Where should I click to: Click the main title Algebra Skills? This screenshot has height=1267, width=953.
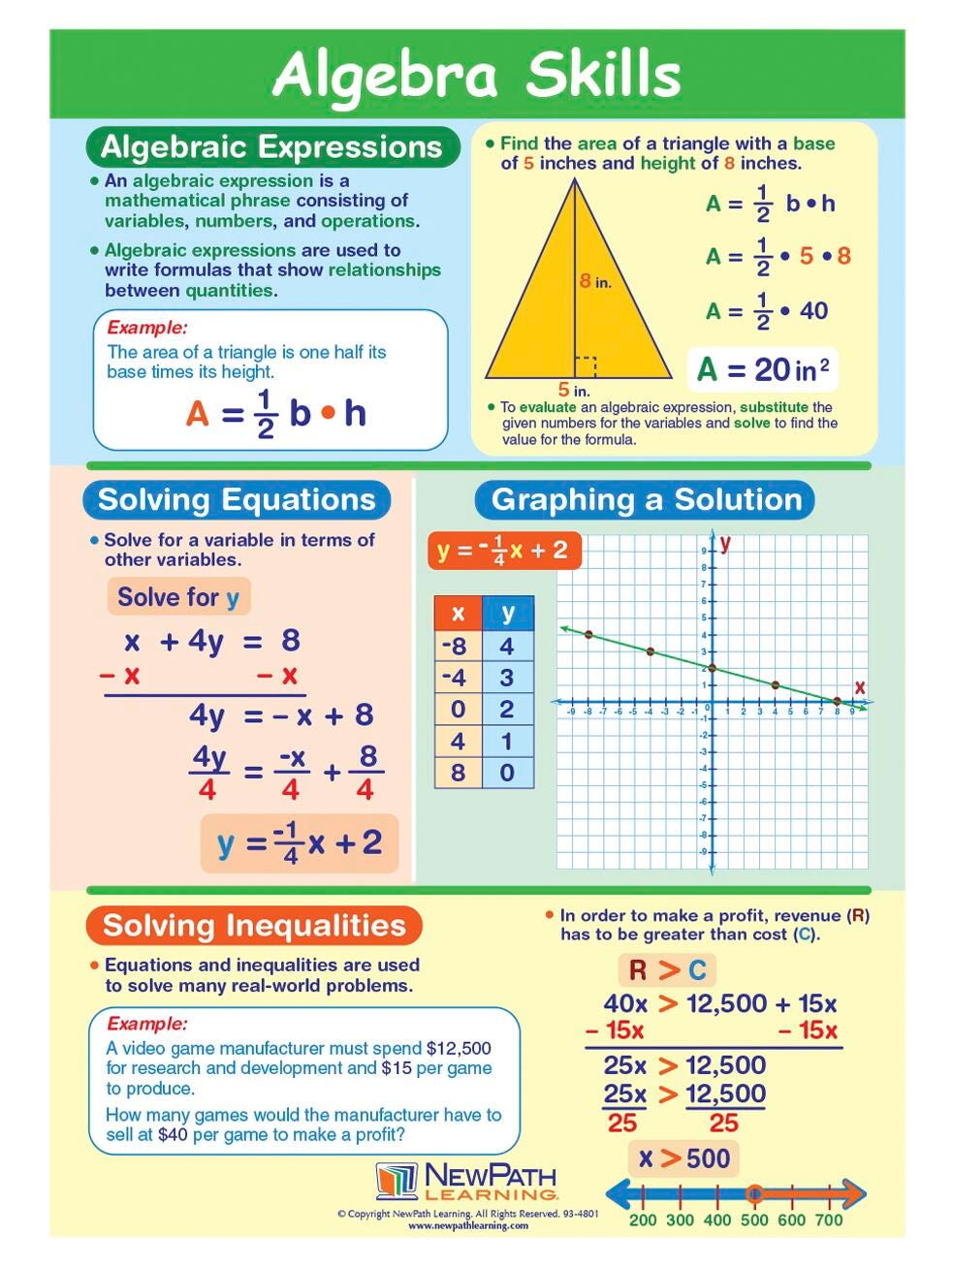pyautogui.click(x=476, y=74)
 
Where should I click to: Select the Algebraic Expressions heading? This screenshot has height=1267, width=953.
pyautogui.click(x=271, y=147)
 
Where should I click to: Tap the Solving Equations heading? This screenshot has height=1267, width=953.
pyautogui.click(x=237, y=500)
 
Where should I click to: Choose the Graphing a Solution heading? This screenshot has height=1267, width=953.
pyautogui.click(x=646, y=500)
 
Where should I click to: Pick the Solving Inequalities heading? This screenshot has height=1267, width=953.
pyautogui.click(x=254, y=926)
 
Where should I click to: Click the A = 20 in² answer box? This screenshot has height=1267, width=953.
pyautogui.click(x=763, y=369)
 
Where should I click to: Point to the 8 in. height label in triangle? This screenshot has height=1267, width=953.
pyautogui.click(x=594, y=281)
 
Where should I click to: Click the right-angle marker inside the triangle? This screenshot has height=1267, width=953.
pyautogui.click(x=585, y=366)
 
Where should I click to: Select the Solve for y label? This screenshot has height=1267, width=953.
pyautogui.click(x=178, y=596)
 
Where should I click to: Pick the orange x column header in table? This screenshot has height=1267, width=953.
pyautogui.click(x=458, y=613)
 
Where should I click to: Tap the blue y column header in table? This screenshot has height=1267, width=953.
pyautogui.click(x=508, y=613)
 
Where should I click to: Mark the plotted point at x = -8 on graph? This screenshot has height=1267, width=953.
pyautogui.click(x=588, y=634)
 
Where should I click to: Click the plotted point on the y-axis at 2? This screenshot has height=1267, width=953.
pyautogui.click(x=713, y=668)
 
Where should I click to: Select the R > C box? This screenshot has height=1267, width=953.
pyautogui.click(x=668, y=969)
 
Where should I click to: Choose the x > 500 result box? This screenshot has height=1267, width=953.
pyautogui.click(x=683, y=1157)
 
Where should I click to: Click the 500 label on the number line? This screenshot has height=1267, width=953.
pyautogui.click(x=753, y=1219)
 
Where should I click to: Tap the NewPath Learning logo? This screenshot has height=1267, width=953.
pyautogui.click(x=466, y=1182)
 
